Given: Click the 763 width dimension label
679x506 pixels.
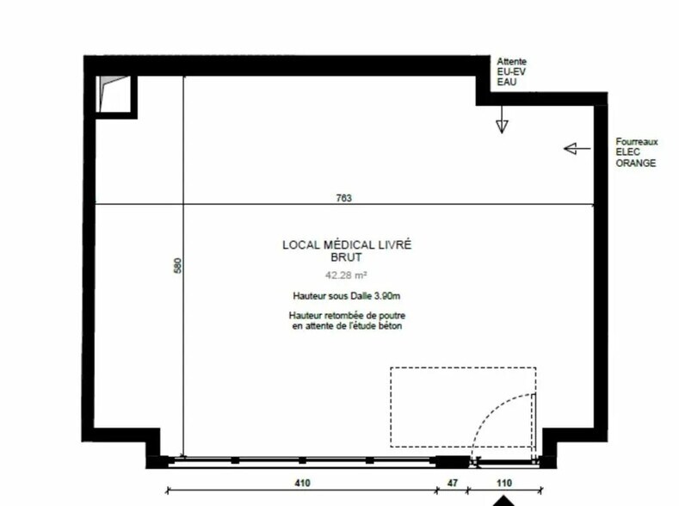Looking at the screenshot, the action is click(344, 198).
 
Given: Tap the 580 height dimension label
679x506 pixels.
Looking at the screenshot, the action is click(177, 265).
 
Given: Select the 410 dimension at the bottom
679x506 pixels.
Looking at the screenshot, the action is click(302, 482).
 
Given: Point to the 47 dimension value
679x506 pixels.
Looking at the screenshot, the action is click(452, 482).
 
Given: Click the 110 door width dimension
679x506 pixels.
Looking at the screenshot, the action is click(504, 482).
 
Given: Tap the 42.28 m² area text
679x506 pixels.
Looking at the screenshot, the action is click(347, 275).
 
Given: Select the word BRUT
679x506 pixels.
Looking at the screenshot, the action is click(346, 257).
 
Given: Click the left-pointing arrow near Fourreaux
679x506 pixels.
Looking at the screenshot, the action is click(577, 149).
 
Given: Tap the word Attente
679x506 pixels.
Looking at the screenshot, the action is click(511, 61).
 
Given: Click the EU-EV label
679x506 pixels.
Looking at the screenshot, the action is click(511, 71).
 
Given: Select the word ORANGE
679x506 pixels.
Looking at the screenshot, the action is click(636, 164).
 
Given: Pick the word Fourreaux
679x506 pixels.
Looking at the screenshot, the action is click(637, 141).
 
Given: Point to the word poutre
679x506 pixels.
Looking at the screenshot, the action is click(392, 316).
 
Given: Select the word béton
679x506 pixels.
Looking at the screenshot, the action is click(390, 326).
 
